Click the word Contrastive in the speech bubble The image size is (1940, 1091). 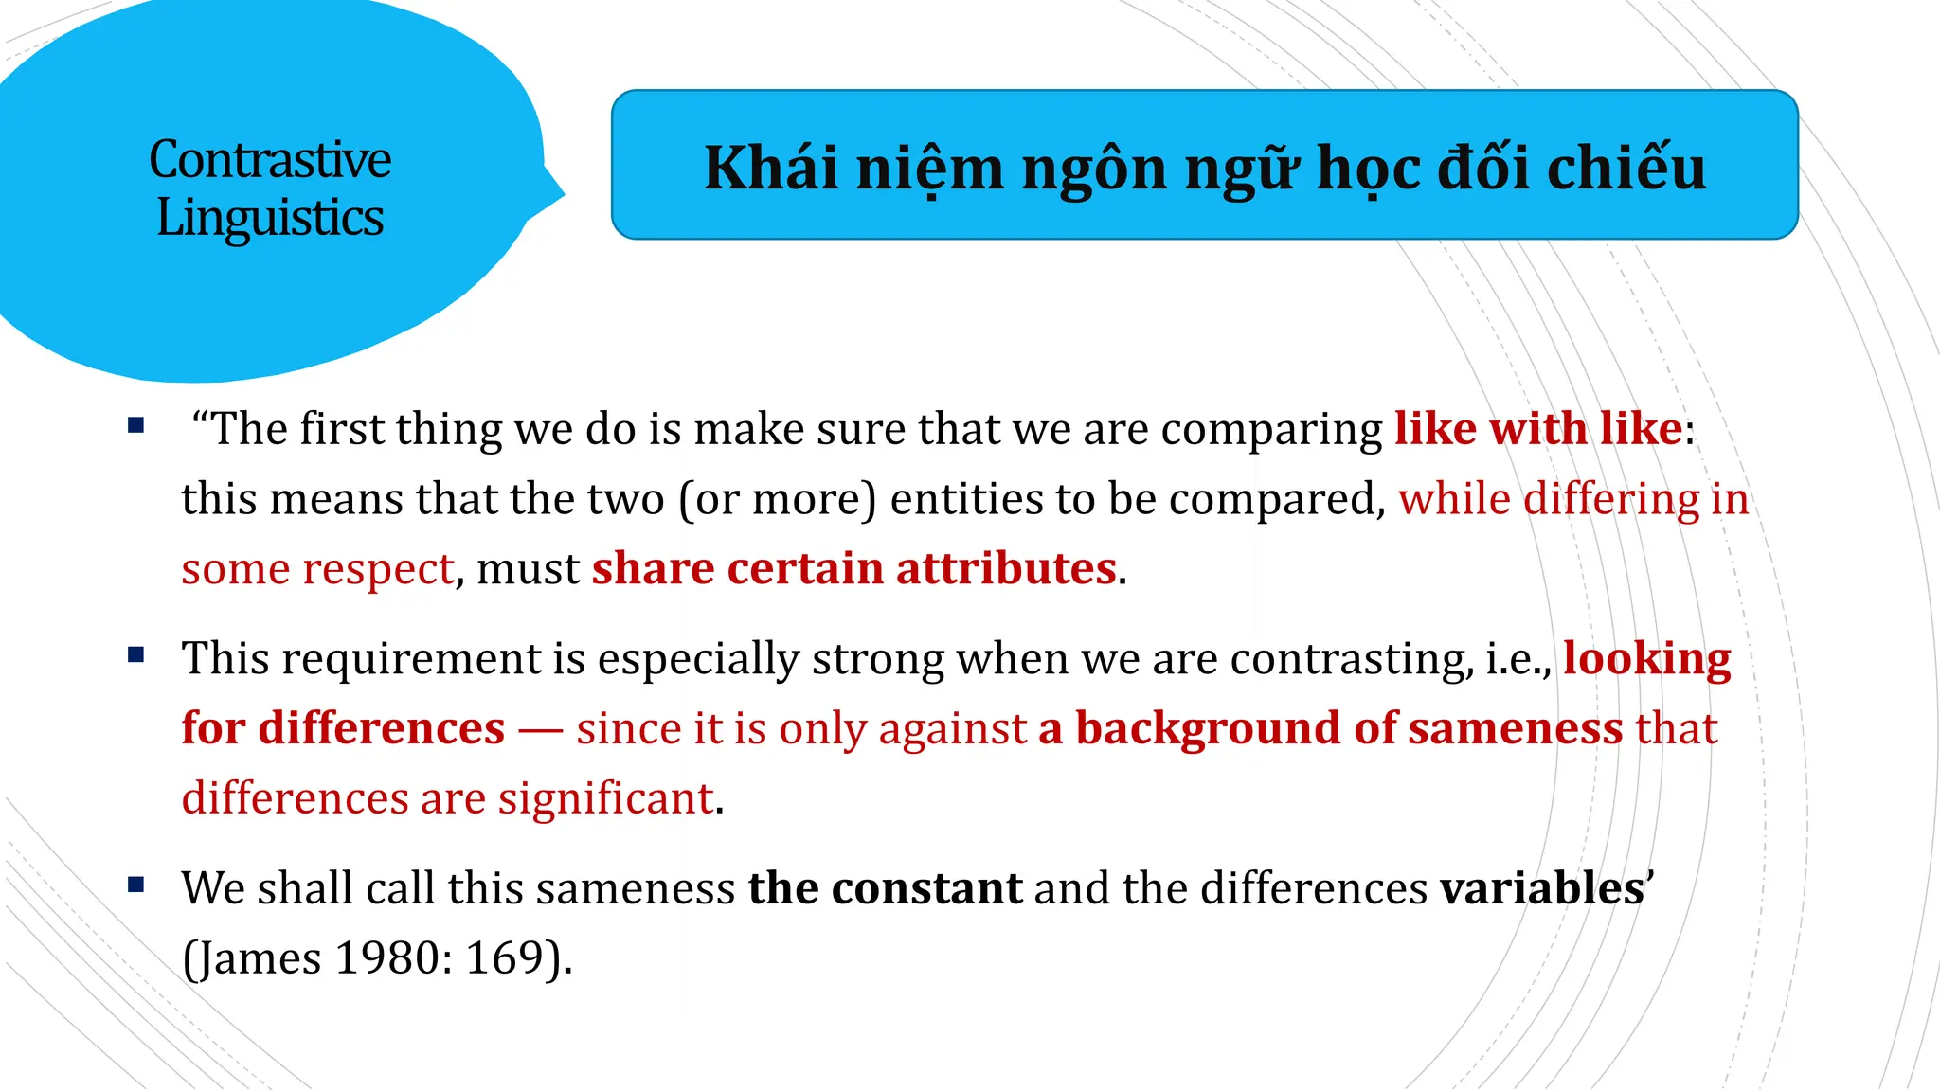270,159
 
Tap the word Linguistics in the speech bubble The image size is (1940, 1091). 270,218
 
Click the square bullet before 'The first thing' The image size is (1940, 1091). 136,425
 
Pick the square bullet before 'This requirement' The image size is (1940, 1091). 136,654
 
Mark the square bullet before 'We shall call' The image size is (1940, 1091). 136,885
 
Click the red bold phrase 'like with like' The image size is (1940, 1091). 1537,429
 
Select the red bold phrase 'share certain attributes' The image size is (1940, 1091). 853,568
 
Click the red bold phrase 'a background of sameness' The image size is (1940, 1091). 1330,728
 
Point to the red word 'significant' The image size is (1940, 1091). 605,798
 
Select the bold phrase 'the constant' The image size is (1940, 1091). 885,888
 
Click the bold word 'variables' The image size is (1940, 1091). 1541,888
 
